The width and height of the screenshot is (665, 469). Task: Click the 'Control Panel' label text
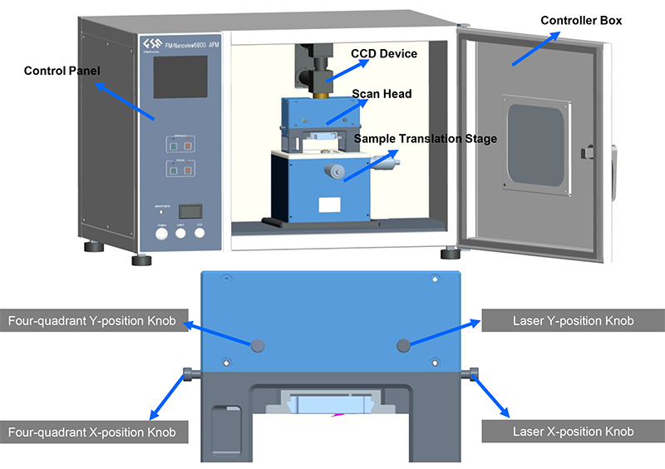tap(62, 72)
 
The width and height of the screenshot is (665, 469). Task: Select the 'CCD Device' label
tap(384, 54)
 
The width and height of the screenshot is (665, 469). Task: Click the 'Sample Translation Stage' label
tap(426, 139)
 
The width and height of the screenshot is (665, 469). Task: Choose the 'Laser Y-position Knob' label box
tap(573, 321)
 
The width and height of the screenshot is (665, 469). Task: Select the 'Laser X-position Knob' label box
tap(573, 432)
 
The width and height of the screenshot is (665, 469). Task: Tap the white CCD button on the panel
tap(199, 233)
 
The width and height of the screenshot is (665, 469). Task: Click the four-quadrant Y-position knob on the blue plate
tap(258, 343)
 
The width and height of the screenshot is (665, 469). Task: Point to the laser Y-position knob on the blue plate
tap(404, 343)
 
